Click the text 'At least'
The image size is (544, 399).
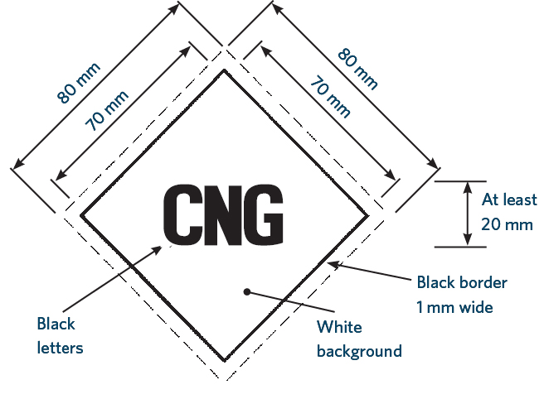coord(509,199)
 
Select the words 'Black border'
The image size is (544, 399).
coord(462,283)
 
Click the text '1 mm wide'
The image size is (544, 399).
coord(455,307)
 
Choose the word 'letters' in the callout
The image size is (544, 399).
coord(61,348)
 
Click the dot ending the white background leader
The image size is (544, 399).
coord(246,291)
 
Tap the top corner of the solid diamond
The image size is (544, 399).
coord(224,72)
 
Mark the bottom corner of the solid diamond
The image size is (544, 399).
coord(224,361)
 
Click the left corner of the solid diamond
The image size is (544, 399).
coord(80,216)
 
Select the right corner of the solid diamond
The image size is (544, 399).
coord(368,216)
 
